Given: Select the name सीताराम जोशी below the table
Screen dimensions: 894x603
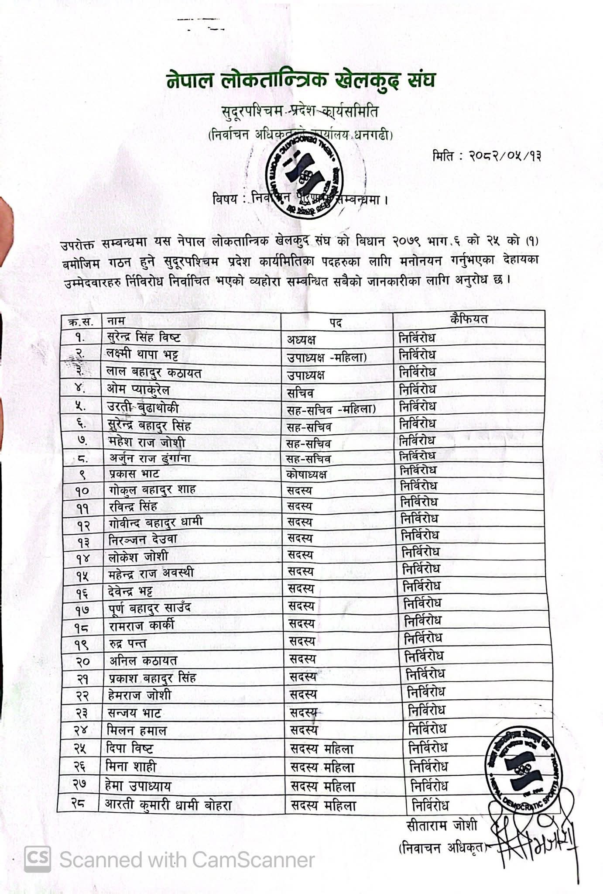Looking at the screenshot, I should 442,826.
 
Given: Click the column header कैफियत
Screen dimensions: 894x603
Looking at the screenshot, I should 469,319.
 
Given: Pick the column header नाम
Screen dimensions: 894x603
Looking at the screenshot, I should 116,321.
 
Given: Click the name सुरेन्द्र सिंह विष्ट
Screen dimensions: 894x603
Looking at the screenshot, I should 144,337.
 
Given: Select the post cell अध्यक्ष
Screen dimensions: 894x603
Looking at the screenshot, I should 301,339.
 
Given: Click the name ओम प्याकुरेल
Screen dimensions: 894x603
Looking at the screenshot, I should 138,389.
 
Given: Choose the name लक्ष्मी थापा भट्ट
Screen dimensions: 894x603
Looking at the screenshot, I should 142,354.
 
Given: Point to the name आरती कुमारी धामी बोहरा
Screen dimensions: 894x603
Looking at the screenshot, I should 168,805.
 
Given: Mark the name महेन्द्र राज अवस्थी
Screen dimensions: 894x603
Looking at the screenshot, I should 151,573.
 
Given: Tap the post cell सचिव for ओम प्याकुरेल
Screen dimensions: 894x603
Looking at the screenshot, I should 300,393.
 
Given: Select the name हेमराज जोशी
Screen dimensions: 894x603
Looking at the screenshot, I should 140,695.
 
